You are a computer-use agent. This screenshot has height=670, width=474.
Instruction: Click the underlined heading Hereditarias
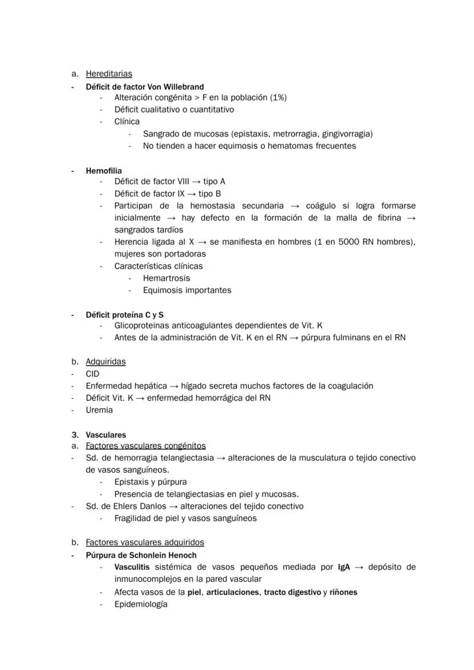109,73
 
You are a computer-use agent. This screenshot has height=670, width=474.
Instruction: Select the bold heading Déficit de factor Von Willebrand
145,87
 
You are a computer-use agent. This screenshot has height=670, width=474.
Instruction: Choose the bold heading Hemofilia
104,171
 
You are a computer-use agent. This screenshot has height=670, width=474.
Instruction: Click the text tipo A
214,181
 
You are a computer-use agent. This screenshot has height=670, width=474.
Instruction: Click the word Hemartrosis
167,278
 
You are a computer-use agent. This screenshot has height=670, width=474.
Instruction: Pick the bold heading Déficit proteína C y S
125,315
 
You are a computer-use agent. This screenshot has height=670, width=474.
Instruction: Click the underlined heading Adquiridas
106,362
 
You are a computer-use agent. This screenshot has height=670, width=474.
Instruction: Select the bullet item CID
92,374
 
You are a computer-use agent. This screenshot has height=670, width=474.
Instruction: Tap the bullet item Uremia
99,410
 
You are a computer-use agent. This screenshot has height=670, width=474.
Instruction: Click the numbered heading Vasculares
106,435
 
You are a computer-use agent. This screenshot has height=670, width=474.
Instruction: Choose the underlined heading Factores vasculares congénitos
145,445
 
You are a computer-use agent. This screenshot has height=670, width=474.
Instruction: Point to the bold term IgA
344,567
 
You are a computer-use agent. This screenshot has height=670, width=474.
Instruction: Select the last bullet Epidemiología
141,604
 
